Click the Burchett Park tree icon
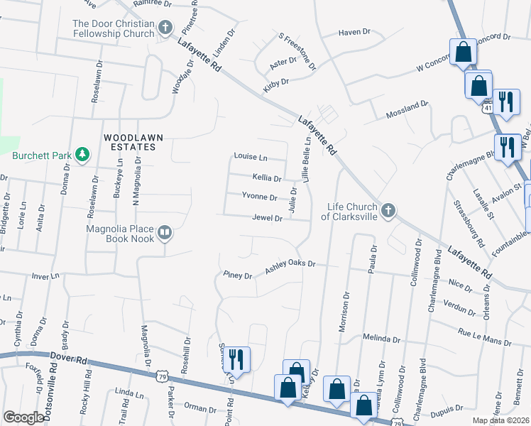82,154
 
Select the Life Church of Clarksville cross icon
388,210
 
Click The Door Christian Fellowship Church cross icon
165,28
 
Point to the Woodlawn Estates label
129,141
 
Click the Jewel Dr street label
268,219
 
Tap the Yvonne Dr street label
259,197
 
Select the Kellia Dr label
267,177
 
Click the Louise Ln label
251,157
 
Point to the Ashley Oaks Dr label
290,267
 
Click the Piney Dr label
237,275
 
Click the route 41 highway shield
486,108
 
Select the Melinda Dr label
383,337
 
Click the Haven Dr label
355,32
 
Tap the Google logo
23,417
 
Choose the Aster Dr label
283,62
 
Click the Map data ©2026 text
500,420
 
